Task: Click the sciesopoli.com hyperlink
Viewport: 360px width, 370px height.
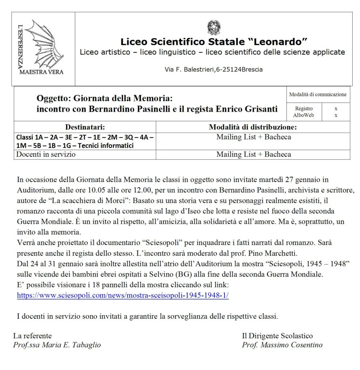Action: pyautogui.click(x=123, y=295)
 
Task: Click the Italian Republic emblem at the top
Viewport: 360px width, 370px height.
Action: pyautogui.click(x=214, y=28)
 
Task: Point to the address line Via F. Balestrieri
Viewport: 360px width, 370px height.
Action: pyautogui.click(x=214, y=69)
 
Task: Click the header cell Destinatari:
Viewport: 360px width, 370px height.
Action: pyautogui.click(x=85, y=127)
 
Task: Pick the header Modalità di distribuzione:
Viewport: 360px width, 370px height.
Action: pyautogui.click(x=253, y=127)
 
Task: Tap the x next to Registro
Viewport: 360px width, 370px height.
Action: pyautogui.click(x=336, y=108)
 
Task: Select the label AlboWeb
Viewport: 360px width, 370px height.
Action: pyautogui.click(x=304, y=115)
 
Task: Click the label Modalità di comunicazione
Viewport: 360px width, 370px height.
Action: pyautogui.click(x=318, y=95)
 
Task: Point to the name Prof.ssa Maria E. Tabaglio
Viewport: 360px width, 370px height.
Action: pyautogui.click(x=57, y=345)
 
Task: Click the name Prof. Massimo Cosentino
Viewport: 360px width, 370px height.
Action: pyautogui.click(x=282, y=345)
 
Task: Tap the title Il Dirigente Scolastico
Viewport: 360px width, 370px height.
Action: pyautogui.click(x=277, y=336)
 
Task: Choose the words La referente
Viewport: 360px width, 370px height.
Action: pyautogui.click(x=33, y=336)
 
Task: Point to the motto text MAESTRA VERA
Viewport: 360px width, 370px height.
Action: pyautogui.click(x=41, y=72)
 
